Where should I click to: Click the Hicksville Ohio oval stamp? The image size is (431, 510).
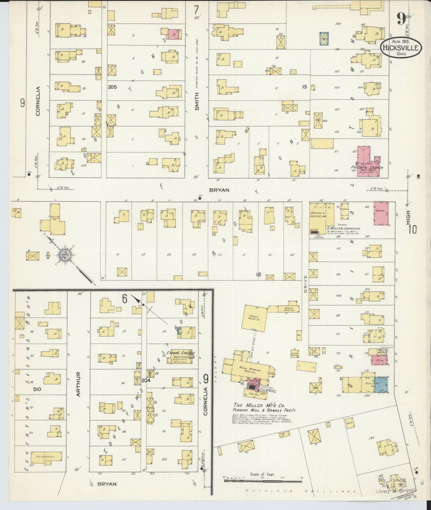(x=401, y=47)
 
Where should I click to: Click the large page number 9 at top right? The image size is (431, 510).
(x=401, y=20)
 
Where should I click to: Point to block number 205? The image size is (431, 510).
(x=112, y=87)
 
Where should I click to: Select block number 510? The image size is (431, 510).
(x=37, y=389)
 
